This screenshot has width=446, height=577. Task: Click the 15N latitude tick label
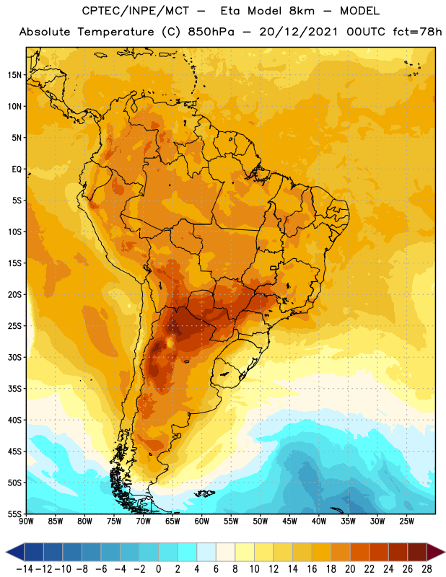(14, 75)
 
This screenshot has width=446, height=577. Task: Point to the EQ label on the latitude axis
(17, 169)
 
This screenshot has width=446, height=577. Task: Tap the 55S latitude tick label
(14, 514)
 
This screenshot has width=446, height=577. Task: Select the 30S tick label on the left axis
(14, 357)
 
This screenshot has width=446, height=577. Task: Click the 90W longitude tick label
(26, 521)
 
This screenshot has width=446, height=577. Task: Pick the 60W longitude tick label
(202, 521)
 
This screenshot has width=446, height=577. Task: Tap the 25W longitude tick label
(406, 521)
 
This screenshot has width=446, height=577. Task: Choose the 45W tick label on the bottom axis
(289, 521)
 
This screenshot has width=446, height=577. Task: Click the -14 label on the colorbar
(25, 569)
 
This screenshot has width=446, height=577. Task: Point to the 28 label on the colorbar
(427, 569)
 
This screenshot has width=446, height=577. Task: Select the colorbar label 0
(158, 569)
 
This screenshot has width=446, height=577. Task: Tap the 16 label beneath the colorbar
(312, 569)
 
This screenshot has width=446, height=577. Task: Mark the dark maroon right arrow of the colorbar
(436, 552)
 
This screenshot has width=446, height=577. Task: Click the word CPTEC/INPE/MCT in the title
(136, 11)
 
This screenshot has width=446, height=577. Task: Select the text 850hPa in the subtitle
(211, 32)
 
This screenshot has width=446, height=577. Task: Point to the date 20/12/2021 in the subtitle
(298, 32)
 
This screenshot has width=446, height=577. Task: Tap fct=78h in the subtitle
(417, 32)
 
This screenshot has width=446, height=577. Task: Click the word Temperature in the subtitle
(115, 32)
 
